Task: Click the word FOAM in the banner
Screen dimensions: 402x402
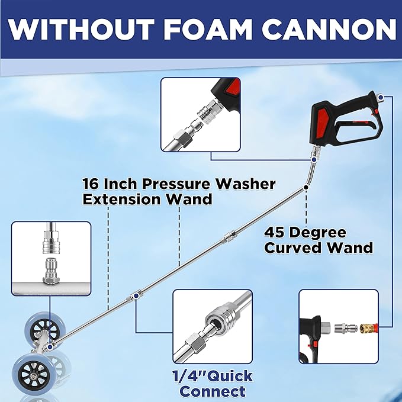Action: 207,29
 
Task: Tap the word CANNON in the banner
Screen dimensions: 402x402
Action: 329,29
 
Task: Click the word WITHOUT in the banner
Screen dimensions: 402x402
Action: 81,29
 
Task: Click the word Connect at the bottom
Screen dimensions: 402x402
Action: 213,391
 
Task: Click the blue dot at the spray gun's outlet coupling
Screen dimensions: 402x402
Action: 314,160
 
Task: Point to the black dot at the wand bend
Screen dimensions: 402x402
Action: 306,187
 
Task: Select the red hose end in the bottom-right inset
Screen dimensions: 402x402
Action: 373,328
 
